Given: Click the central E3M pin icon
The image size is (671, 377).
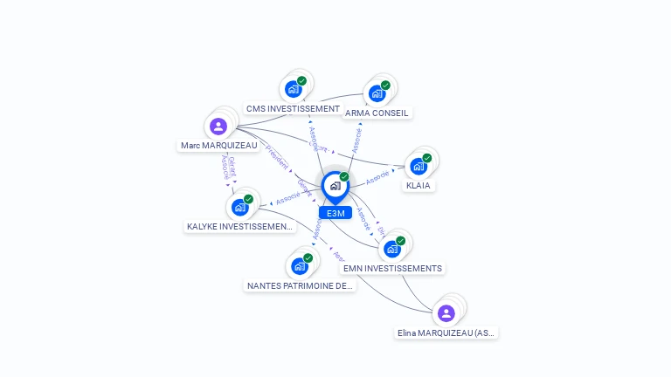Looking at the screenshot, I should click(335, 186).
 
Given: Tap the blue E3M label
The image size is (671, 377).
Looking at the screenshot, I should click(335, 213).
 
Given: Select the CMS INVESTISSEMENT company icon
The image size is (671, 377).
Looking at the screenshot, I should click(293, 88).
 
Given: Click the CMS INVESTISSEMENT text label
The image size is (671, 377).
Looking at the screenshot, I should click(293, 109).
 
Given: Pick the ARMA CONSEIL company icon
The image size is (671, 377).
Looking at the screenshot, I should click(377, 93).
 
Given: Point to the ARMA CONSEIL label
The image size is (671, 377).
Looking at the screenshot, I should click(377, 113).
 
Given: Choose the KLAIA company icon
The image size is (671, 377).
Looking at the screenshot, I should click(419, 166).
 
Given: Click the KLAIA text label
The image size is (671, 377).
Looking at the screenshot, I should click(419, 186).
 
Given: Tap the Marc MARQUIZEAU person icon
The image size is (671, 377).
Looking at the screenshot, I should click(218, 126).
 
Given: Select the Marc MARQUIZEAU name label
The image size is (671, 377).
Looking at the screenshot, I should click(218, 146).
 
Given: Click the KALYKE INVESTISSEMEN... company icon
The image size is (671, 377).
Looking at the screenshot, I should click(239, 207).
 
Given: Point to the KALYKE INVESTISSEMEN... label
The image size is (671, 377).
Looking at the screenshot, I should click(240, 227).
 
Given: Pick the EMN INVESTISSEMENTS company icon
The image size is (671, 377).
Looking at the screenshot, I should click(392, 248).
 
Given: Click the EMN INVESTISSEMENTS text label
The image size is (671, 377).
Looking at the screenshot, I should click(392, 269).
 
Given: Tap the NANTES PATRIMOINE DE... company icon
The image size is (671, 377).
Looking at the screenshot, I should click(300, 265).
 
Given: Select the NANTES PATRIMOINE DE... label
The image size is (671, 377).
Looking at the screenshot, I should click(300, 285).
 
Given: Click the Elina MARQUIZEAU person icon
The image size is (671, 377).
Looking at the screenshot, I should click(446, 312).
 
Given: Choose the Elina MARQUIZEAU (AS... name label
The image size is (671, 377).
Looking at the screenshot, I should click(446, 332).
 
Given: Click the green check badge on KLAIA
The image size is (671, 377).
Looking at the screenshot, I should click(427, 158).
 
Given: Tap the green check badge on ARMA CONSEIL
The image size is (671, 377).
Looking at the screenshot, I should click(385, 86).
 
